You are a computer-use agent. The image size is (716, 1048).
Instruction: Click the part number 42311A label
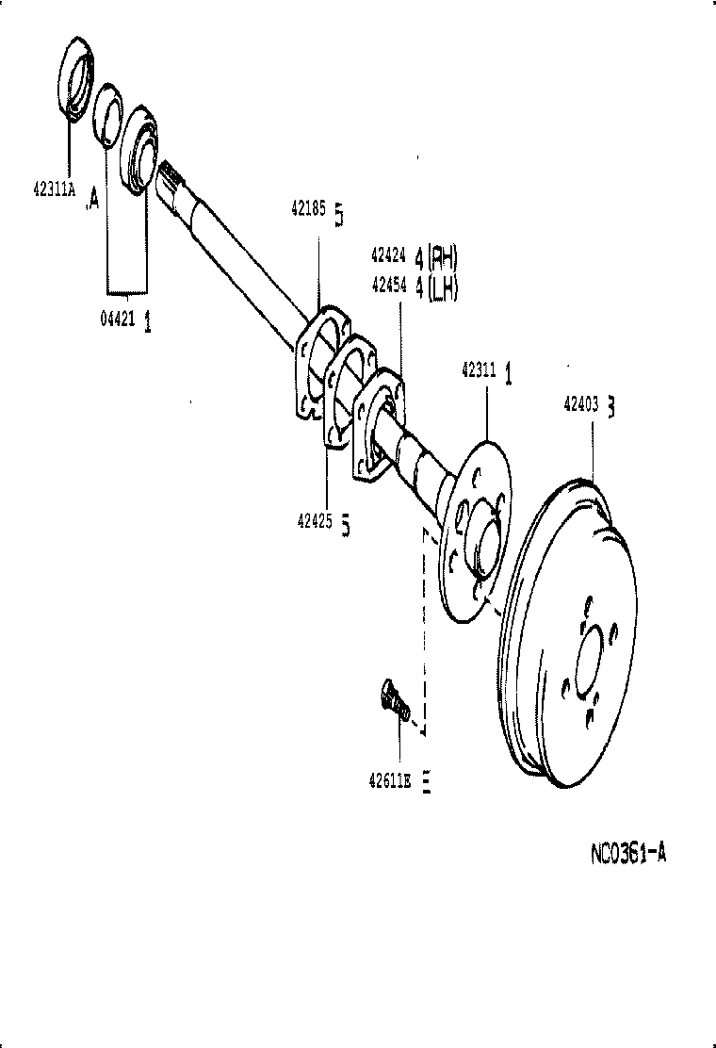coord(54,188)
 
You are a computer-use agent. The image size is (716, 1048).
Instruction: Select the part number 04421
coord(117,319)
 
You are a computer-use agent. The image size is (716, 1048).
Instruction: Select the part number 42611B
coord(391,779)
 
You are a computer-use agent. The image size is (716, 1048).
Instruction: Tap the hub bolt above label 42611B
coord(393,700)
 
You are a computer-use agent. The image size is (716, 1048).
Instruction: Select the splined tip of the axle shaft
coord(172,175)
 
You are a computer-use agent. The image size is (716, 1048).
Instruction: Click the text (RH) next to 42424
coord(443,255)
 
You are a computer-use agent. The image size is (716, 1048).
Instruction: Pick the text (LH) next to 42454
coord(443,290)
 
